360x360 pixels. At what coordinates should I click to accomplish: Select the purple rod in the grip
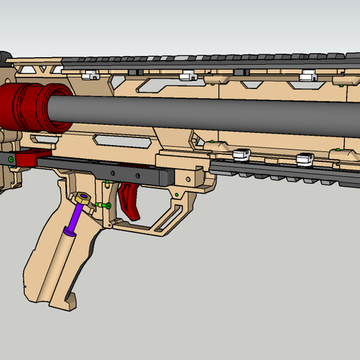[x=75, y=217]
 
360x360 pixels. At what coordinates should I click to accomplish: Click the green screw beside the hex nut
[x=105, y=205]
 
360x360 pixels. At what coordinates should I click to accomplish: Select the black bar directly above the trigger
[x=105, y=170]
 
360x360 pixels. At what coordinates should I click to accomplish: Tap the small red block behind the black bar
[x=28, y=160]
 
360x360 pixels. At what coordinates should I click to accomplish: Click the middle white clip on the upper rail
[x=186, y=75]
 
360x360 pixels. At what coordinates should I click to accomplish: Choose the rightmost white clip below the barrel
[x=304, y=160]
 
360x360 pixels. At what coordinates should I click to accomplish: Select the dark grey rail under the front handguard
[x=279, y=170]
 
